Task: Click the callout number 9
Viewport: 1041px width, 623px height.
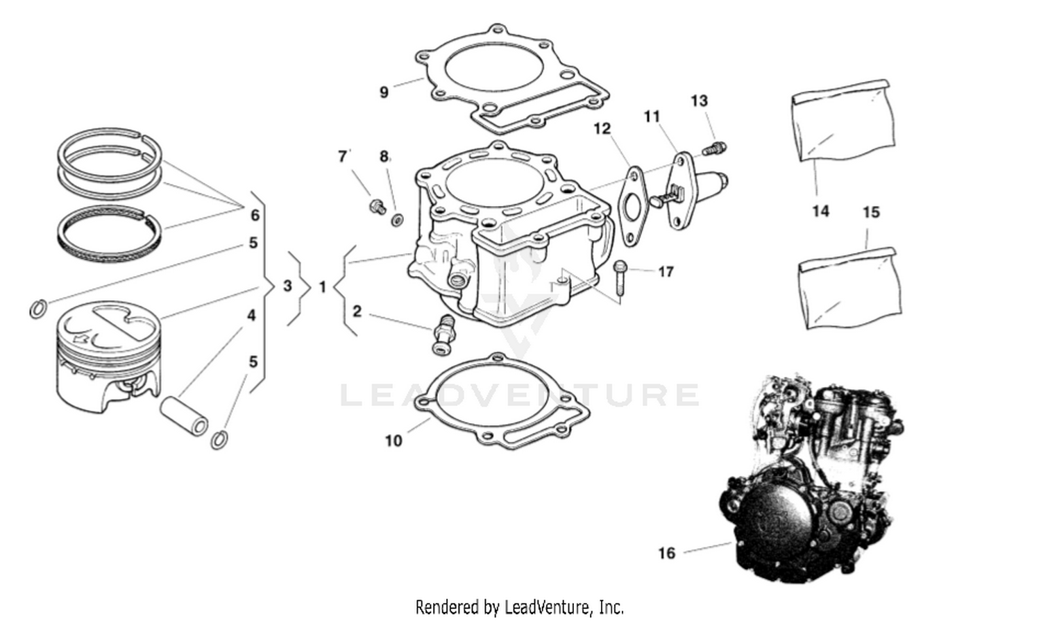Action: [x=384, y=92]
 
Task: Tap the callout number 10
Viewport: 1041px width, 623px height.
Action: [x=393, y=441]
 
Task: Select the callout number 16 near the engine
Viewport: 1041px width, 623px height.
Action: [x=666, y=553]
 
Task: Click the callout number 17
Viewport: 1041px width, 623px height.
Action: [x=666, y=272]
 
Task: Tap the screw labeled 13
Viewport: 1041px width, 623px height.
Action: [x=714, y=147]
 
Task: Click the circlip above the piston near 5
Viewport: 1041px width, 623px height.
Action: [x=39, y=308]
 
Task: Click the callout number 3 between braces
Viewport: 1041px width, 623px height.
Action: [x=288, y=285]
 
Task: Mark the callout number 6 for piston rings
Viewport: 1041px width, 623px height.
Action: [x=255, y=215]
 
